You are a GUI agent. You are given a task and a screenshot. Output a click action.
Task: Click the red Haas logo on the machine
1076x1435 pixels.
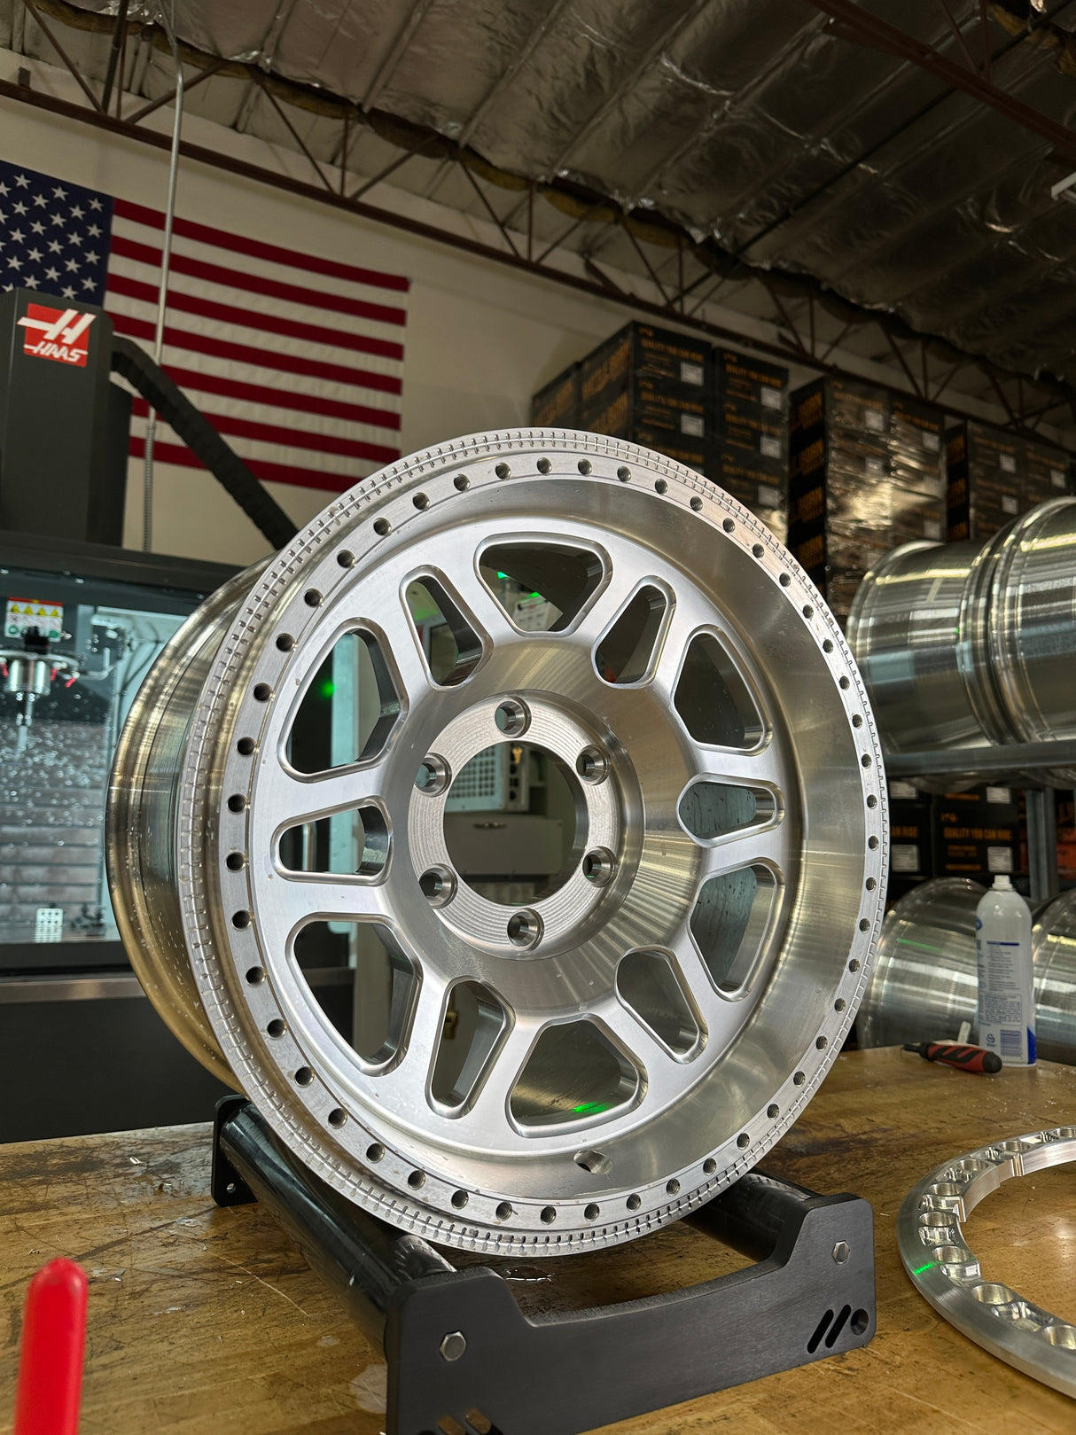tap(58, 334)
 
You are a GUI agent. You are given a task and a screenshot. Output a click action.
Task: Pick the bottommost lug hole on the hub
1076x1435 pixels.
tap(525, 926)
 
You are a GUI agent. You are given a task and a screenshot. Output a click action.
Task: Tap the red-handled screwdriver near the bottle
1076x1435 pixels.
tap(956, 1055)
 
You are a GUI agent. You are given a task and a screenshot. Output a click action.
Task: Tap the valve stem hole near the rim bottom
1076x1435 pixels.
tap(592, 1160)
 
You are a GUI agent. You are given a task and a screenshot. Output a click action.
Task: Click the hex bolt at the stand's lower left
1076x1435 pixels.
tap(452, 1345)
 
